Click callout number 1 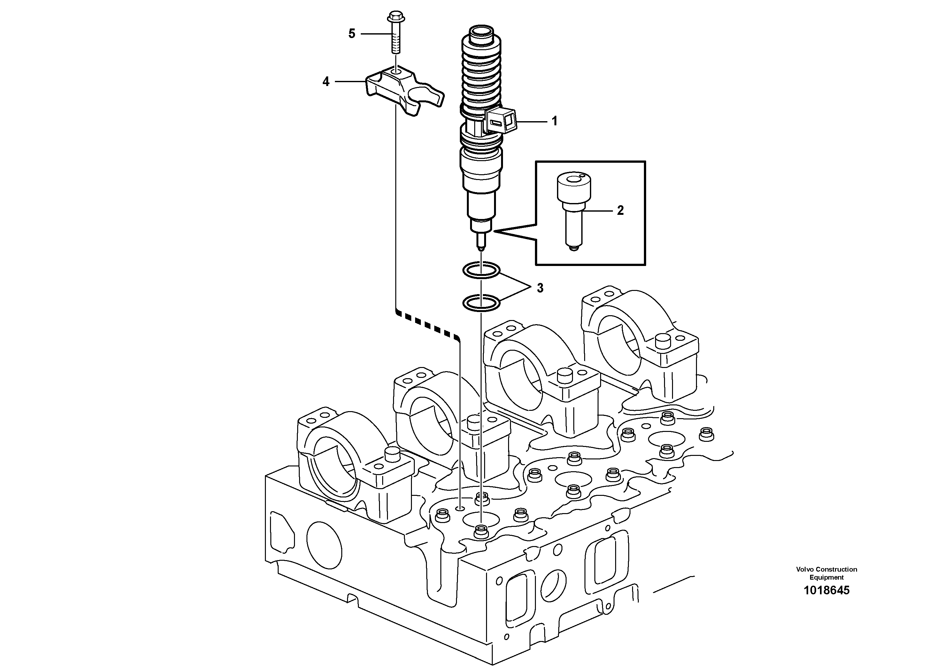pos(554,121)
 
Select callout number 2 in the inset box pos(620,210)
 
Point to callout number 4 pos(326,82)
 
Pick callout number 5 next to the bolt pos(352,34)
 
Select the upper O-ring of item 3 pos(481,270)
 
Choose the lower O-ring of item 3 pos(481,303)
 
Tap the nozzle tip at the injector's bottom pos(481,249)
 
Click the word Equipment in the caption pos(826,577)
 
